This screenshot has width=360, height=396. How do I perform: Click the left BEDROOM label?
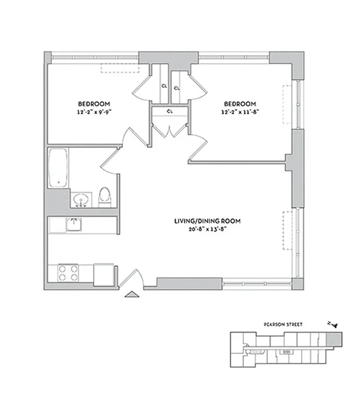click(94, 103)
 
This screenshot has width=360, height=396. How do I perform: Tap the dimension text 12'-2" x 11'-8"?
click(240, 111)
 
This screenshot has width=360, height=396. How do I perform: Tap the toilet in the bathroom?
click(104, 196)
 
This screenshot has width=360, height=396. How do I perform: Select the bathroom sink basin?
click(80, 200)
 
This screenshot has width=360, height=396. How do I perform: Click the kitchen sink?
click(74, 224)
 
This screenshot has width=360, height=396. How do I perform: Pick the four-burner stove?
click(69, 273)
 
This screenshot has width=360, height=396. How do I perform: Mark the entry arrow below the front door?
click(132, 295)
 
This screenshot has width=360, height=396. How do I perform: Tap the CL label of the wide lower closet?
click(169, 111)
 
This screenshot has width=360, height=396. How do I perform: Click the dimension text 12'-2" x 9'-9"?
click(94, 111)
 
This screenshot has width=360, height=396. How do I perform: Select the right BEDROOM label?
click(240, 103)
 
